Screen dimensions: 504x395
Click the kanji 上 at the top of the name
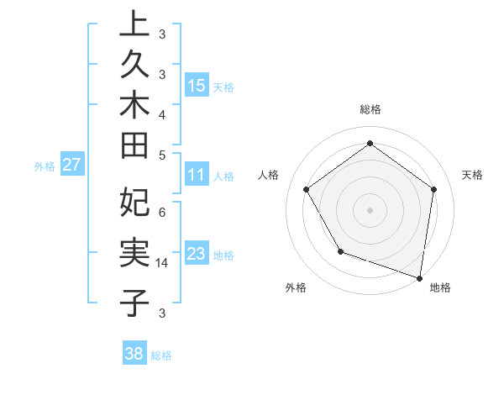pos(134,24)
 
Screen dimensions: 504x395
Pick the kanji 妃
pos(134,203)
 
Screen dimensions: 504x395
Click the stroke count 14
pos(162,263)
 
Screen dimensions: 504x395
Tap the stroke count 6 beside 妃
pos(162,213)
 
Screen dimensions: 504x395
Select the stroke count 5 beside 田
pos(162,155)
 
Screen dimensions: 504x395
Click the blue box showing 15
pos(197,86)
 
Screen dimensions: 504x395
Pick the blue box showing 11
pos(197,176)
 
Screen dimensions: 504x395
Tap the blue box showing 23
pos(197,255)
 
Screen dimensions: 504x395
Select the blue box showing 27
pos(71,166)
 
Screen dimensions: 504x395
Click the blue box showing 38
pos(134,354)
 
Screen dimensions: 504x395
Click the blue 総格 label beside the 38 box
pos(161,355)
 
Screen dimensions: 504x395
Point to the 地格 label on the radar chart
pos(440,288)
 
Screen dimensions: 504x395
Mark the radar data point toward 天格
pos(433,189)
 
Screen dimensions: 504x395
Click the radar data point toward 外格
pos(340,251)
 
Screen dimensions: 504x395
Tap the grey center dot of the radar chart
pos(370,209)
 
